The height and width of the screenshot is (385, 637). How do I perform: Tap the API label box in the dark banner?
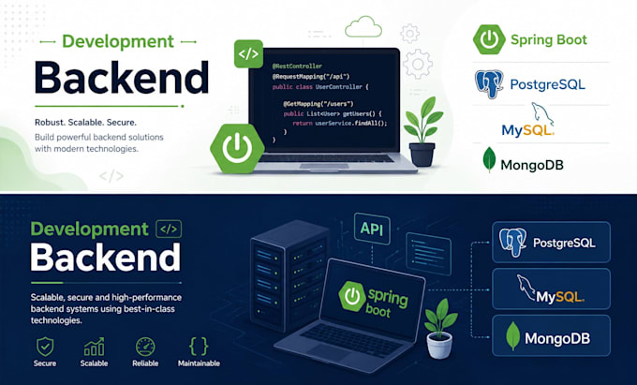(x=372, y=230)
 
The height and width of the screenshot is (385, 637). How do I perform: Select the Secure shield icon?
(x=45, y=347)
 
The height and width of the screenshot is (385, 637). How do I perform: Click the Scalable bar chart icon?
(x=94, y=347)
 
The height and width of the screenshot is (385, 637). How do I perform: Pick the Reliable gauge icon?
(x=145, y=347)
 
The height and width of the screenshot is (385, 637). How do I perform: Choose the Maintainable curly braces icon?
(x=199, y=347)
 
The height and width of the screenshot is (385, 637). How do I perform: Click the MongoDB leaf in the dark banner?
(x=512, y=336)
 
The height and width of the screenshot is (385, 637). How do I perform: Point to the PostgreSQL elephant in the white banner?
(x=489, y=84)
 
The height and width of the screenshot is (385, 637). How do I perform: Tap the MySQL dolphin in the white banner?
(x=542, y=113)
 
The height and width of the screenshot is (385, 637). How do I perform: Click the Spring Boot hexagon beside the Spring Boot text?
(x=489, y=39)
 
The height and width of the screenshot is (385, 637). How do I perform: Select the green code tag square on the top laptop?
(x=248, y=53)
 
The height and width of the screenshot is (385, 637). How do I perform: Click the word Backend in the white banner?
(x=122, y=78)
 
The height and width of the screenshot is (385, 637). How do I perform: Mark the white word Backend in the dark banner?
(x=106, y=258)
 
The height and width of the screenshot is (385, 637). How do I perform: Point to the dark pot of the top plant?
(x=422, y=155)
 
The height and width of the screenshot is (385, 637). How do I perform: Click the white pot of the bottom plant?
(x=439, y=345)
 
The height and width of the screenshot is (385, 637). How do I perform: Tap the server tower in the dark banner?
(x=289, y=275)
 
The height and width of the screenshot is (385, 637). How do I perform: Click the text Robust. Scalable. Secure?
(x=86, y=122)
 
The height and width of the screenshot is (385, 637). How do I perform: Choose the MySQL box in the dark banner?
(x=551, y=289)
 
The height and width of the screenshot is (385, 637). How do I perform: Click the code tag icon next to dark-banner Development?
(x=169, y=230)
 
